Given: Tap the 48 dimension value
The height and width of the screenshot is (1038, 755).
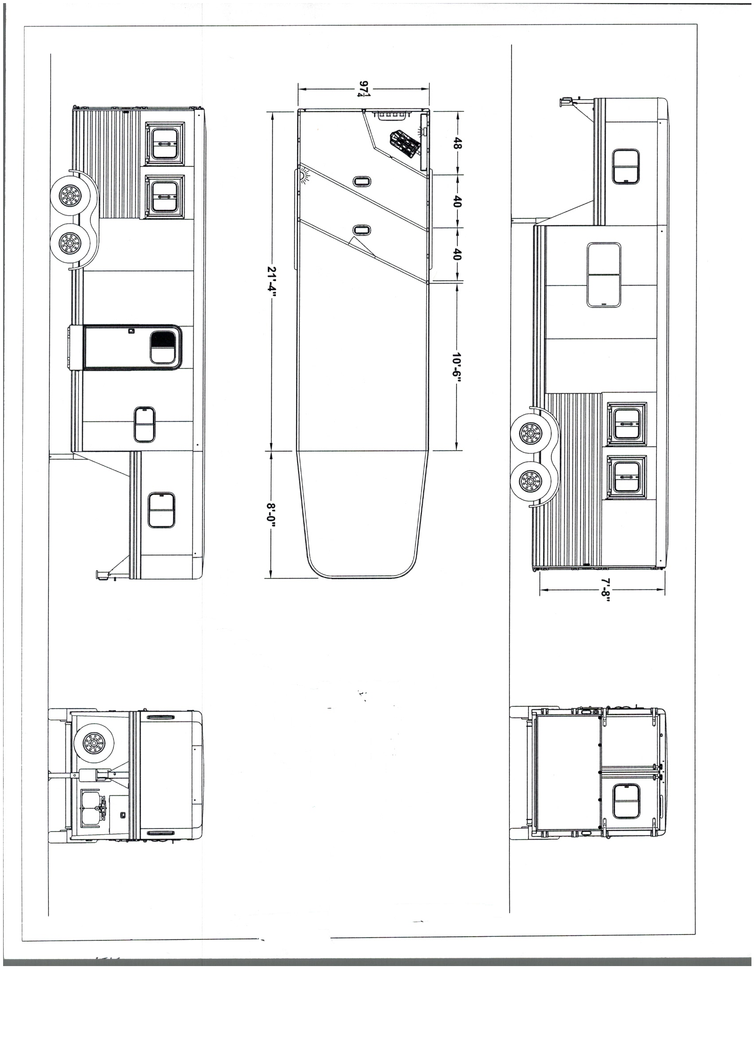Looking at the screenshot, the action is (x=457, y=144).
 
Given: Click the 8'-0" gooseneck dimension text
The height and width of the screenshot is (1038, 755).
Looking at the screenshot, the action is (x=271, y=516).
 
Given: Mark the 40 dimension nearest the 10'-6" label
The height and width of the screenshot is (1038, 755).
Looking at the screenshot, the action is (x=457, y=254).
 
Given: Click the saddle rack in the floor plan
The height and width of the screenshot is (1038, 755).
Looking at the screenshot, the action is (x=405, y=145).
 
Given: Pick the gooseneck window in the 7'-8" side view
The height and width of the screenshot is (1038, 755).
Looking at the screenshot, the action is (x=626, y=166).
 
